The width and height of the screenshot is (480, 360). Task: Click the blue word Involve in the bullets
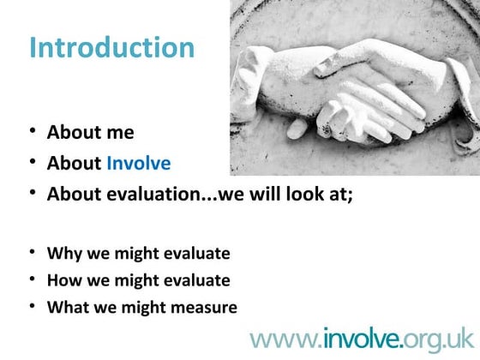[x=138, y=163]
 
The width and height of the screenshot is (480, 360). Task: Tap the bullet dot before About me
[x=32, y=133]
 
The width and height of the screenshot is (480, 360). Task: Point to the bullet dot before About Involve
[x=32, y=163]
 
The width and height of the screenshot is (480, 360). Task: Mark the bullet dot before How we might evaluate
[x=32, y=279]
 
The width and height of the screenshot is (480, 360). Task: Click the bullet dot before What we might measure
[x=32, y=306]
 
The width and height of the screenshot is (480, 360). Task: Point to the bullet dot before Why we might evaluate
[x=32, y=253]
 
